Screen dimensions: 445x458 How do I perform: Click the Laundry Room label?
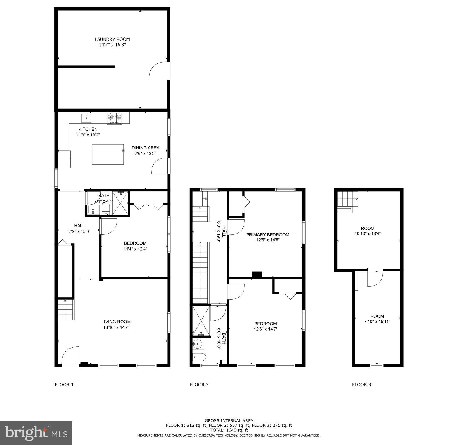[112, 39]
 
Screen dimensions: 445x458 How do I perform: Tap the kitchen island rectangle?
[108, 154]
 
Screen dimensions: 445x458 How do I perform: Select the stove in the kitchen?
[115, 118]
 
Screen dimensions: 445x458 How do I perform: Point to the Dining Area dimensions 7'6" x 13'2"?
[145, 153]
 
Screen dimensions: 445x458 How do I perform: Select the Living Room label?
[116, 322]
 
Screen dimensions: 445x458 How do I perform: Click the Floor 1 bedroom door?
[109, 226]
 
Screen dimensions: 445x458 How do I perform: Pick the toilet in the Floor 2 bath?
[199, 357]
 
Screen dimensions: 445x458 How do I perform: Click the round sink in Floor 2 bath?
[198, 344]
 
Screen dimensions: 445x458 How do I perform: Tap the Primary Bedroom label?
[268, 235]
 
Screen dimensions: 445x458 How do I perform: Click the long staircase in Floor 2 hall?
[200, 272]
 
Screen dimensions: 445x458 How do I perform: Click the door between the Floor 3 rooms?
[375, 278]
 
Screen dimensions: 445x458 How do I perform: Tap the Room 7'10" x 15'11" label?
[377, 319]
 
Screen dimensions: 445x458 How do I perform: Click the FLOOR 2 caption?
[199, 385]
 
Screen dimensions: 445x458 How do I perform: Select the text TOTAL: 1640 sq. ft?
[229, 430]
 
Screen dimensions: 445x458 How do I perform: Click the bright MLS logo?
[36, 433]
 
